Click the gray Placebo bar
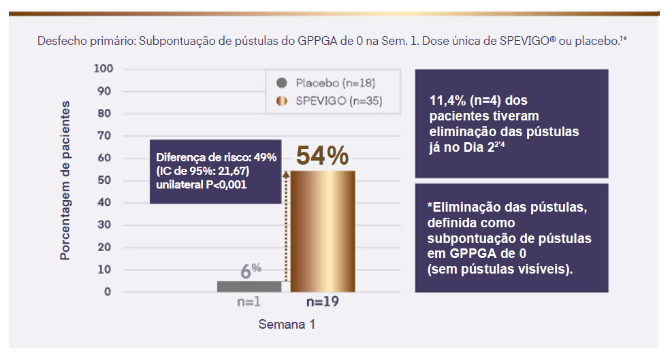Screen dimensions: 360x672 (x=249, y=286)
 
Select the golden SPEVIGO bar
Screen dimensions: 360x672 (x=323, y=231)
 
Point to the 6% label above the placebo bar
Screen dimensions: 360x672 (x=250, y=270)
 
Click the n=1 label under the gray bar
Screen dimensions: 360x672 (x=249, y=301)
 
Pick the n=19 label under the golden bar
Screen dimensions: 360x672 (x=323, y=301)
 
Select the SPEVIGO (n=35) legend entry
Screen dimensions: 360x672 (x=338, y=101)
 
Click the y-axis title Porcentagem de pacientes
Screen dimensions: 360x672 (x=65, y=180)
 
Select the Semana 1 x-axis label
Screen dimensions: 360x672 (x=286, y=325)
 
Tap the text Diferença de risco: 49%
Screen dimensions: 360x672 (x=216, y=157)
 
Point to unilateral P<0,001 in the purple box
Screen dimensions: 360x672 (x=202, y=184)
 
